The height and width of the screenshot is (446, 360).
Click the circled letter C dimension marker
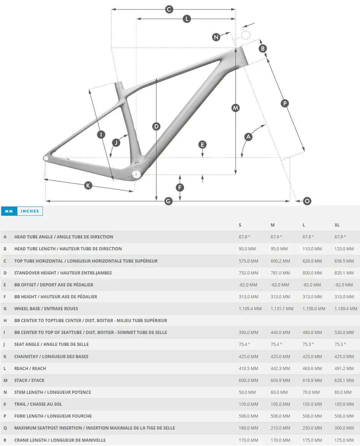point(169,10)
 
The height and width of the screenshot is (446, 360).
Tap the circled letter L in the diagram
point(187,19)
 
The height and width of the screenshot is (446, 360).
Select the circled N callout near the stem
point(216,37)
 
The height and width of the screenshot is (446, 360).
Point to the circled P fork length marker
point(285,103)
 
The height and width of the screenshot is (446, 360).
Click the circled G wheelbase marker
point(168,201)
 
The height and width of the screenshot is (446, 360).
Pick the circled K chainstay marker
point(88,185)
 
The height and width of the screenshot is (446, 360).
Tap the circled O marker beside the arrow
point(307,201)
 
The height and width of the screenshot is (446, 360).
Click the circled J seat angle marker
point(116,142)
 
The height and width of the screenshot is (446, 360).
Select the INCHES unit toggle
point(30,211)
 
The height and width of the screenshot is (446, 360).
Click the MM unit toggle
point(9,211)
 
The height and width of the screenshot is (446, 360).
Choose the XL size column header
point(337,225)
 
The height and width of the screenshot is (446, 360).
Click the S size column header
point(240,225)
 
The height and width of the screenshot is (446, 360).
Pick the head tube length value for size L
point(312,249)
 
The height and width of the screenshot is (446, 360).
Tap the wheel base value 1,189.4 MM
point(346,309)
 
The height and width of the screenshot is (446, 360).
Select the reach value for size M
point(280,368)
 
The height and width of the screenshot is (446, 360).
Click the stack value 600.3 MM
point(248,380)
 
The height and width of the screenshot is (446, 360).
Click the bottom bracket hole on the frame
point(136,174)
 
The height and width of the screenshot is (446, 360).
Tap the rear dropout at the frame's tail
point(46,158)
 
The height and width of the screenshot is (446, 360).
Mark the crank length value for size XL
point(344,440)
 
